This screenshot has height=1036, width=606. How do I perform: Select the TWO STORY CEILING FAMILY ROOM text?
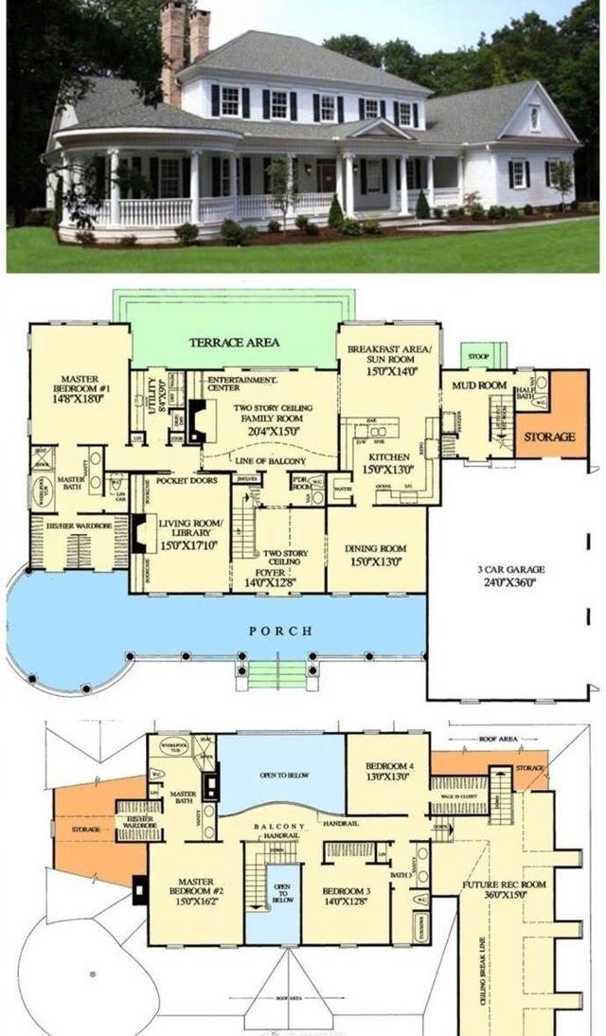tap(273, 418)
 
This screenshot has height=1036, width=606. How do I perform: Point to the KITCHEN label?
tap(388, 463)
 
